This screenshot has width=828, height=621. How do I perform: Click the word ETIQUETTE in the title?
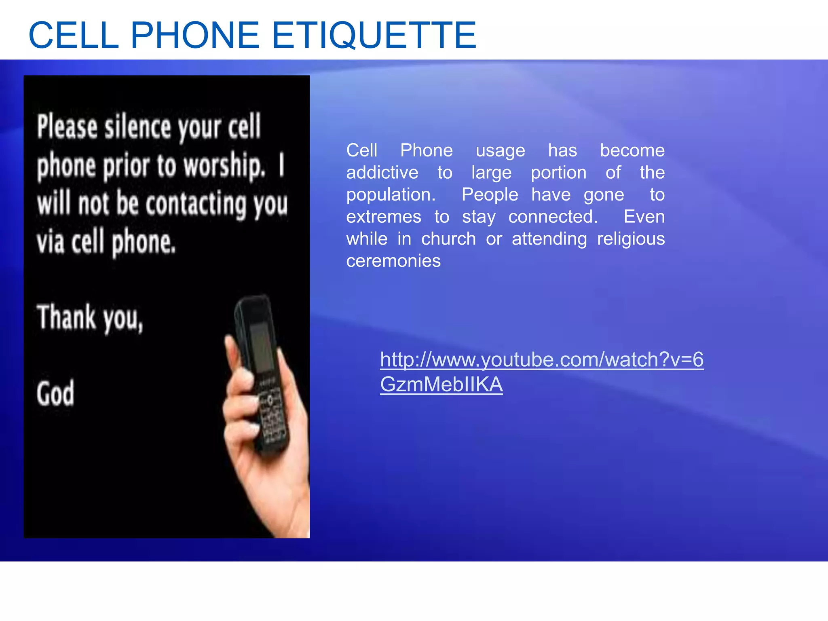coord(374,36)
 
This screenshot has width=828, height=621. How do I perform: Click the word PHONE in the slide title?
coord(194,36)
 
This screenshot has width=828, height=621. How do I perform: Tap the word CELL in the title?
coord(74,36)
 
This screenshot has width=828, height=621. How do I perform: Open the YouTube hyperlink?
coord(541,360)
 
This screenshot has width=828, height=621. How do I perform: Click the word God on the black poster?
coord(55,393)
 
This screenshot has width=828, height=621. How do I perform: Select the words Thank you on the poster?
coord(90,318)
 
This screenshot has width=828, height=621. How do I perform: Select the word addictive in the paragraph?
coord(382,173)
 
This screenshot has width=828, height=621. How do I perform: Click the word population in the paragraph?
coord(390,195)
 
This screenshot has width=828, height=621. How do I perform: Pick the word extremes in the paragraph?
coord(383,217)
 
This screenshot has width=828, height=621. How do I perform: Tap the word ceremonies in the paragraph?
coord(393,261)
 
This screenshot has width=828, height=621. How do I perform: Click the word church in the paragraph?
coord(448,239)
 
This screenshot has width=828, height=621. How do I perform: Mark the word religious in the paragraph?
coord(631,239)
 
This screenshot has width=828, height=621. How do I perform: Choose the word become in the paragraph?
coord(632,151)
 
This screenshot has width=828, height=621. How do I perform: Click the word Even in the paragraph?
coord(644,217)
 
